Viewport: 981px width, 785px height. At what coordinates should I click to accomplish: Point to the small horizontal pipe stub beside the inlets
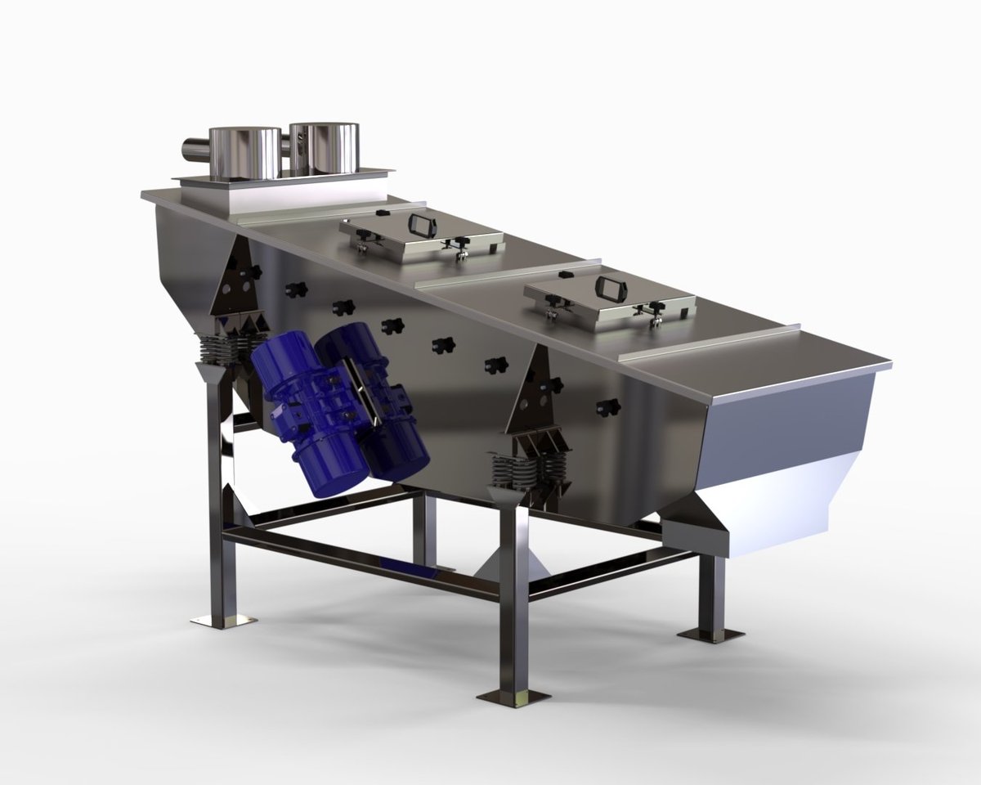pos(195,150)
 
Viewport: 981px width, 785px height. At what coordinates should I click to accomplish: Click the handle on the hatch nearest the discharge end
pos(608,287)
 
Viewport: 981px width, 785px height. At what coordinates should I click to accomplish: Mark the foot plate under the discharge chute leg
pos(710,635)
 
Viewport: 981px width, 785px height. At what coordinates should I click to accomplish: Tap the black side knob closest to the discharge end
pos(606,406)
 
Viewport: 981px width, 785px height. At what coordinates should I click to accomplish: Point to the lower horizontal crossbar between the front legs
pos(360,564)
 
